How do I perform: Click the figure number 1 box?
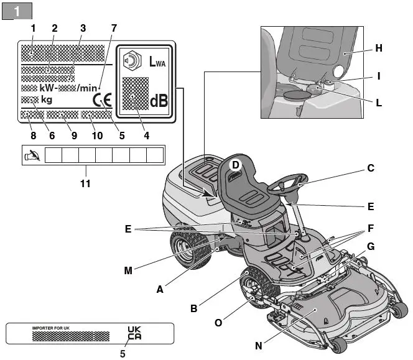point(17,11)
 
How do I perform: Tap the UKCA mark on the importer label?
point(134,334)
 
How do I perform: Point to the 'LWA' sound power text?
point(158,62)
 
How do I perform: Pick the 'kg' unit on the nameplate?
point(47,99)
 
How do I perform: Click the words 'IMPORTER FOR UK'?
point(51,326)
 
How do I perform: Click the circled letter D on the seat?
point(236,164)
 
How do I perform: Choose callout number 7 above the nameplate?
point(113,28)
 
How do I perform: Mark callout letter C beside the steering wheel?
point(370,167)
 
